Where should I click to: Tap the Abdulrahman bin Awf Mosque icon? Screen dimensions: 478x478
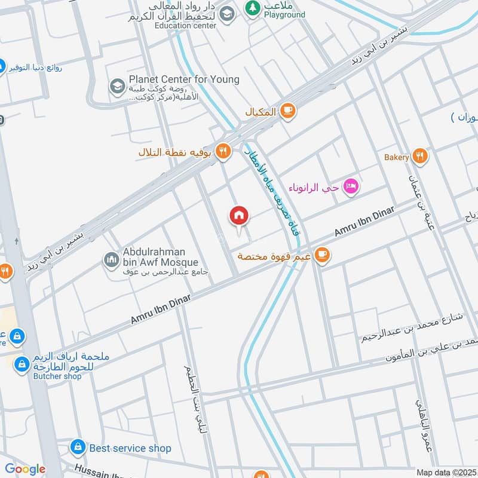click(x=111, y=260)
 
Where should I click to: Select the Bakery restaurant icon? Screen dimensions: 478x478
click(x=420, y=157)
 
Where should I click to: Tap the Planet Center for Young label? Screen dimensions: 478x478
click(x=184, y=79)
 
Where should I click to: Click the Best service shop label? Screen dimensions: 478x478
click(x=130, y=448)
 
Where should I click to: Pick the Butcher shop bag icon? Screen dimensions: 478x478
click(x=22, y=363)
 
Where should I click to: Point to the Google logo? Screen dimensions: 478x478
click(x=24, y=469)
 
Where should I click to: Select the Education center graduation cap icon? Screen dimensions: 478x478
click(x=226, y=14)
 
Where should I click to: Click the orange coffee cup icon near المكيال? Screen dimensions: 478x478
click(x=288, y=111)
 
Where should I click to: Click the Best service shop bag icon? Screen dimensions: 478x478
click(x=78, y=447)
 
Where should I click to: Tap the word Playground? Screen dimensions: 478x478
click(x=284, y=14)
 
